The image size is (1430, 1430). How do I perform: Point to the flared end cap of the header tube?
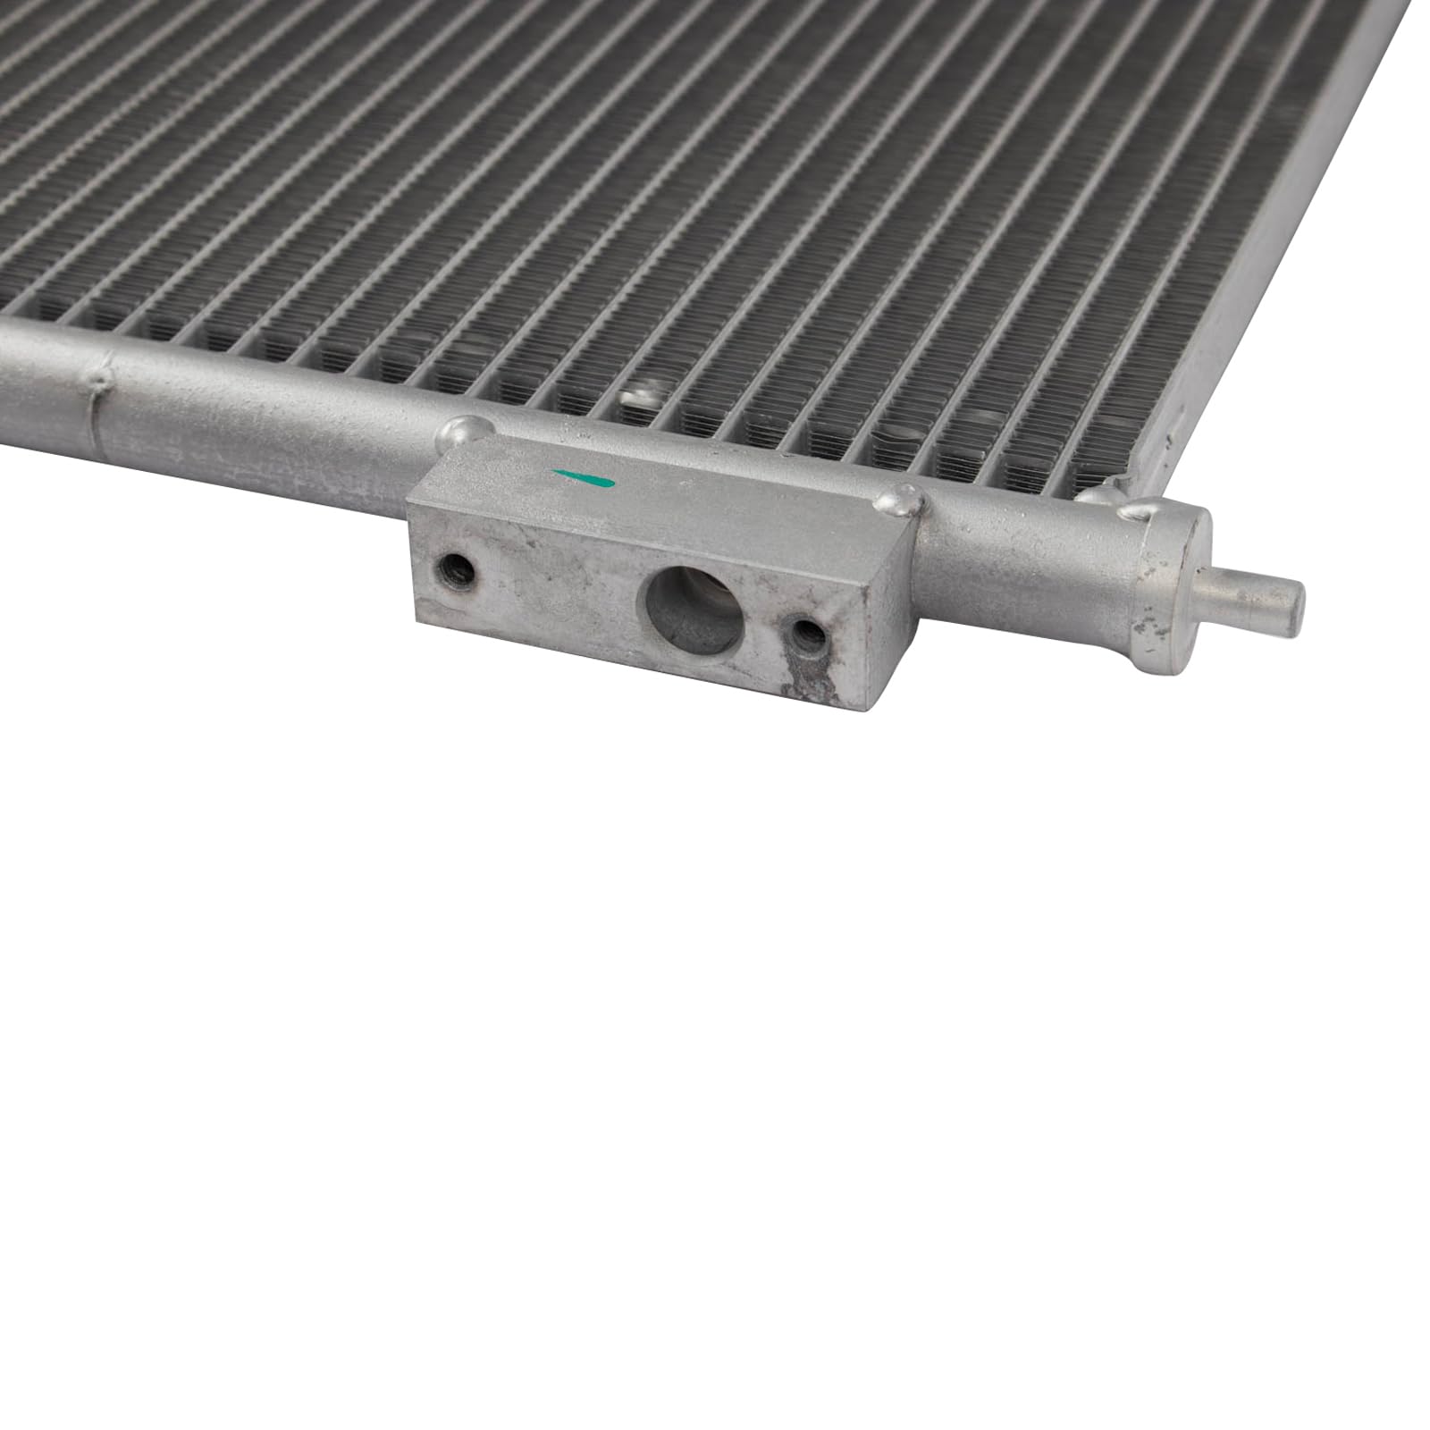(x=1171, y=585)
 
